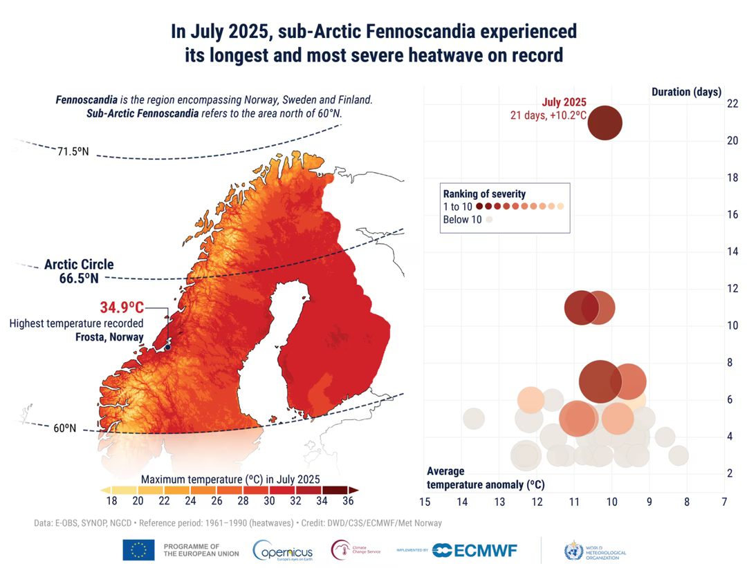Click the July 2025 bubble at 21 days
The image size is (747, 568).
pos(605,123)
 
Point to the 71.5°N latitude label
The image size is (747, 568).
pos(73,151)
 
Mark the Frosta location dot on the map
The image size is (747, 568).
pos(167,348)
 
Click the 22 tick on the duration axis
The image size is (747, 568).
pos(713,104)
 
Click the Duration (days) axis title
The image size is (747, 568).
pos(686,92)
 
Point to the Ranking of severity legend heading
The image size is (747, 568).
pos(484,193)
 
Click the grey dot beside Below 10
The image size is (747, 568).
pos(489,220)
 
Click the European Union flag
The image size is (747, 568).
pos(138,550)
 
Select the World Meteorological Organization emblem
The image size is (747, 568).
pos(573,550)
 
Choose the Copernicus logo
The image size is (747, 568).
pos(283,550)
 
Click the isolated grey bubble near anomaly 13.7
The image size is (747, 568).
pos(473,418)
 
